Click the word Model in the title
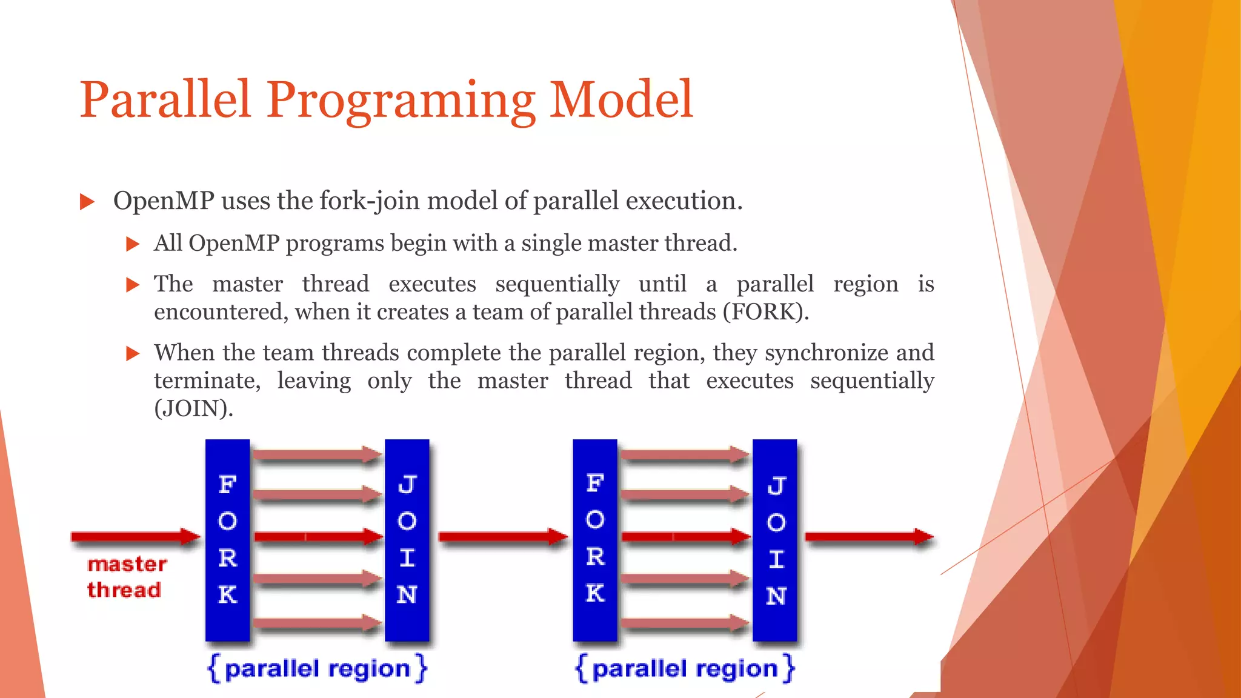[x=620, y=100]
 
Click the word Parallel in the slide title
[x=165, y=100]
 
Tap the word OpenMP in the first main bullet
[x=164, y=201]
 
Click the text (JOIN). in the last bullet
[x=193, y=409]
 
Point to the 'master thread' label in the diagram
[x=126, y=577]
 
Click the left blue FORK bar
[x=227, y=539]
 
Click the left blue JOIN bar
[x=407, y=539]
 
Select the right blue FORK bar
[x=594, y=539]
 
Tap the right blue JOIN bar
[x=774, y=539]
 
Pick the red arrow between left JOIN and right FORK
[x=502, y=537]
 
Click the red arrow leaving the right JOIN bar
[x=868, y=537]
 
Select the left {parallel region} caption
[x=318, y=669]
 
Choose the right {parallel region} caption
[x=685, y=669]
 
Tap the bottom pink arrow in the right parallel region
[x=684, y=623]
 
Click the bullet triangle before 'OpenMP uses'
[x=87, y=202]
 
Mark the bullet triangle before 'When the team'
[x=133, y=354]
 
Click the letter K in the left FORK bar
[x=227, y=594]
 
